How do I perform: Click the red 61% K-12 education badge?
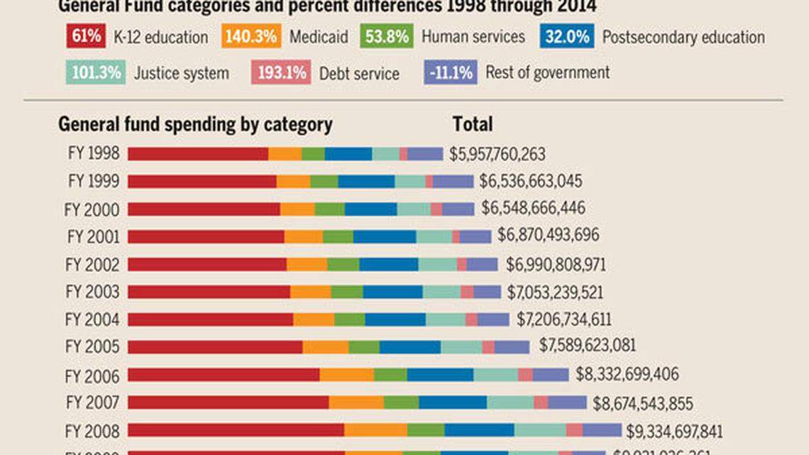(86, 36)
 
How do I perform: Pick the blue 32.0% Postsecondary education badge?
(566, 36)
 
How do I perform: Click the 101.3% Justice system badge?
(97, 72)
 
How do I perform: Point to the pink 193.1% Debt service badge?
(281, 72)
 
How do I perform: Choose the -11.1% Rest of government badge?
(450, 72)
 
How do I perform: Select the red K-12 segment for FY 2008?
(236, 429)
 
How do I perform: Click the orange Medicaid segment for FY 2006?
(346, 374)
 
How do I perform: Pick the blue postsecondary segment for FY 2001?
(385, 236)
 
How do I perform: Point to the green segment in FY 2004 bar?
(350, 319)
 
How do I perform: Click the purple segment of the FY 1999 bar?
(453, 181)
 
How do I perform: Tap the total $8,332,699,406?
(627, 374)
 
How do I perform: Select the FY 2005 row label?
(93, 346)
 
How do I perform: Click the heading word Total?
(473, 125)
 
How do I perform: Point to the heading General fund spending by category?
(195, 125)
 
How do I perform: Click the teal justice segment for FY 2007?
(510, 402)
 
